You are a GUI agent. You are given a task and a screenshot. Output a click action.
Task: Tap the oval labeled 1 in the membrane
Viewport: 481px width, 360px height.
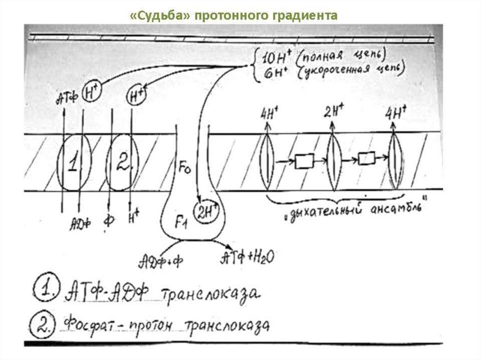click(x=73, y=162)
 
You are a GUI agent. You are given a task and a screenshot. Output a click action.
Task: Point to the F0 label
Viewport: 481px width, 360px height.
click(x=184, y=167)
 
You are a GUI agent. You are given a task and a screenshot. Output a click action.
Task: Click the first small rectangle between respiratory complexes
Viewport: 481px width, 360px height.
click(x=303, y=161)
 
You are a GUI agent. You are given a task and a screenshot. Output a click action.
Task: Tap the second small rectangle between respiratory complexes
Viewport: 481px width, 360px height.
click(x=366, y=159)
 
